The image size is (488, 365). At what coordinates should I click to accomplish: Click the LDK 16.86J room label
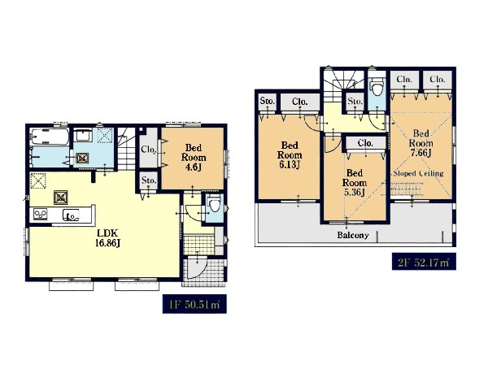pyautogui.click(x=107, y=237)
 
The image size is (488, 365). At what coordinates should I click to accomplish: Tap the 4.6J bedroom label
pyautogui.click(x=194, y=157)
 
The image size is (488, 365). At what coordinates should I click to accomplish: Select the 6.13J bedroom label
pyautogui.click(x=290, y=154)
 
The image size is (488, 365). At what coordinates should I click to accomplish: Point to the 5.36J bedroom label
pyautogui.click(x=354, y=183)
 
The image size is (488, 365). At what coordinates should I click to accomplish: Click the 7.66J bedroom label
pyautogui.click(x=420, y=143)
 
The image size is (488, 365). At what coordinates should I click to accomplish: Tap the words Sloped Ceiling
pyautogui.click(x=418, y=173)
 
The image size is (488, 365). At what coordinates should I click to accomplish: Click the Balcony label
pyautogui.click(x=353, y=235)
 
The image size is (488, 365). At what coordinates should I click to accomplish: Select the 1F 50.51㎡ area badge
pyautogui.click(x=194, y=304)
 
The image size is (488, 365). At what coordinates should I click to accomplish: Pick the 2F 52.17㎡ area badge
pyautogui.click(x=424, y=262)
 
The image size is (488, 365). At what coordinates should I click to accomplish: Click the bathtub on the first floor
pyautogui.click(x=50, y=137)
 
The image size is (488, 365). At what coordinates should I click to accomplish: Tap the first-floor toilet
pyautogui.click(x=215, y=204)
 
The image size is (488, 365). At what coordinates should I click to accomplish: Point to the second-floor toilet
pyautogui.click(x=377, y=88)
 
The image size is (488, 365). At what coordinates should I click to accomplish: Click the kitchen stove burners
pyautogui.click(x=41, y=214)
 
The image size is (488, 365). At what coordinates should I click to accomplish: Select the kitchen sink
pyautogui.click(x=72, y=215)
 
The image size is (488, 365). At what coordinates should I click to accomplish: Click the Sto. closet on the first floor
pyautogui.click(x=148, y=180)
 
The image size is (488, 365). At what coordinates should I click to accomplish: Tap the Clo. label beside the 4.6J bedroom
pyautogui.click(x=148, y=150)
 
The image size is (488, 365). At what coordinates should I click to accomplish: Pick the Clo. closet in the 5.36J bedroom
pyautogui.click(x=365, y=143)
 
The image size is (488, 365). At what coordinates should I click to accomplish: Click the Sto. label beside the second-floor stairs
pyautogui.click(x=355, y=101)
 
